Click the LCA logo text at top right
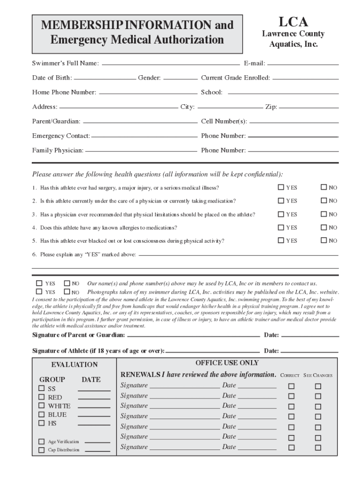[293, 22]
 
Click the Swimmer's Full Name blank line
[171, 64]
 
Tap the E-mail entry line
[303, 64]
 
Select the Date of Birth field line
[105, 78]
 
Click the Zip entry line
[309, 108]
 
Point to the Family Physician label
[58, 150]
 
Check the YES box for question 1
[281, 188]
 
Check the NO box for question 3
[324, 214]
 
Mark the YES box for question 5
[281, 240]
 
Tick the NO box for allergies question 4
[324, 227]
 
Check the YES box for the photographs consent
[39, 292]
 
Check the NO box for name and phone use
[66, 283]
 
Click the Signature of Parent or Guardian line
[193, 336]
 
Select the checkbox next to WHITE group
[42, 406]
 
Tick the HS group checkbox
[42, 423]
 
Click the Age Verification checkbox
[42, 442]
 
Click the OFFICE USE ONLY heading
[227, 363]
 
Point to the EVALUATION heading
[74, 364]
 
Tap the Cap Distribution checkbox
[42, 450]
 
